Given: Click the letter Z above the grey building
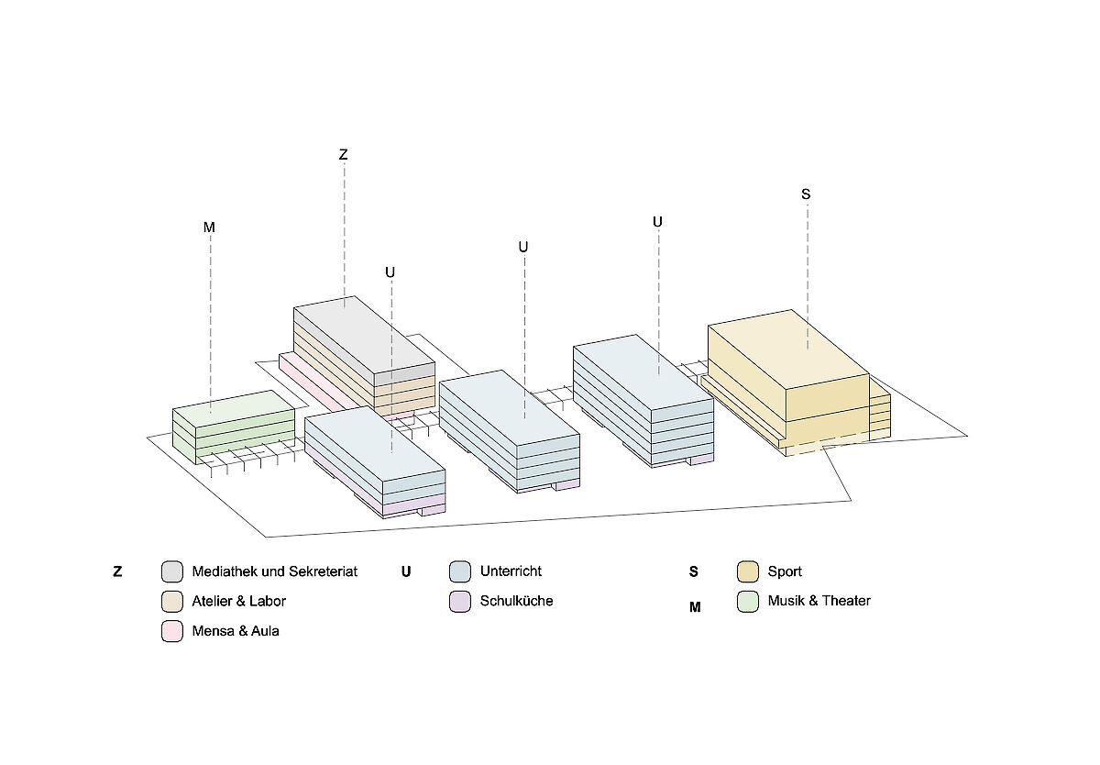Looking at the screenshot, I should (344, 155).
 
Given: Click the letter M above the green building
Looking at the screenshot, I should (209, 227).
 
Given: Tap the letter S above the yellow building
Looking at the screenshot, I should (806, 194).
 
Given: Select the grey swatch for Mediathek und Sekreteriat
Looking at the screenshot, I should (172, 571).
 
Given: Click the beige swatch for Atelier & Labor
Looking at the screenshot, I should (172, 602).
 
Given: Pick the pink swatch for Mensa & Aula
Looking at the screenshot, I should (172, 631).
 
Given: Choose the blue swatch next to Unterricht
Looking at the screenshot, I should (460, 571).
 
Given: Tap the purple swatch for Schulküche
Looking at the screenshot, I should (460, 602).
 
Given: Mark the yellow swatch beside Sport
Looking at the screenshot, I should (748, 571).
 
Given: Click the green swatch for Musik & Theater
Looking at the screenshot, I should (748, 602).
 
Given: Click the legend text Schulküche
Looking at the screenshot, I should (516, 602).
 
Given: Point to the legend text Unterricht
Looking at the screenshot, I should (511, 571).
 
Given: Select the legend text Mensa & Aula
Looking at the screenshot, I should (236, 631).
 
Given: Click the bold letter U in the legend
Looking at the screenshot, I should (406, 572).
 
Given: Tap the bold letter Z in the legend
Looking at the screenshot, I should (117, 572).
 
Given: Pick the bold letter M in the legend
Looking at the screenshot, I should (695, 606).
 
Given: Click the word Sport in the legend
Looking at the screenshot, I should (785, 571).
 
